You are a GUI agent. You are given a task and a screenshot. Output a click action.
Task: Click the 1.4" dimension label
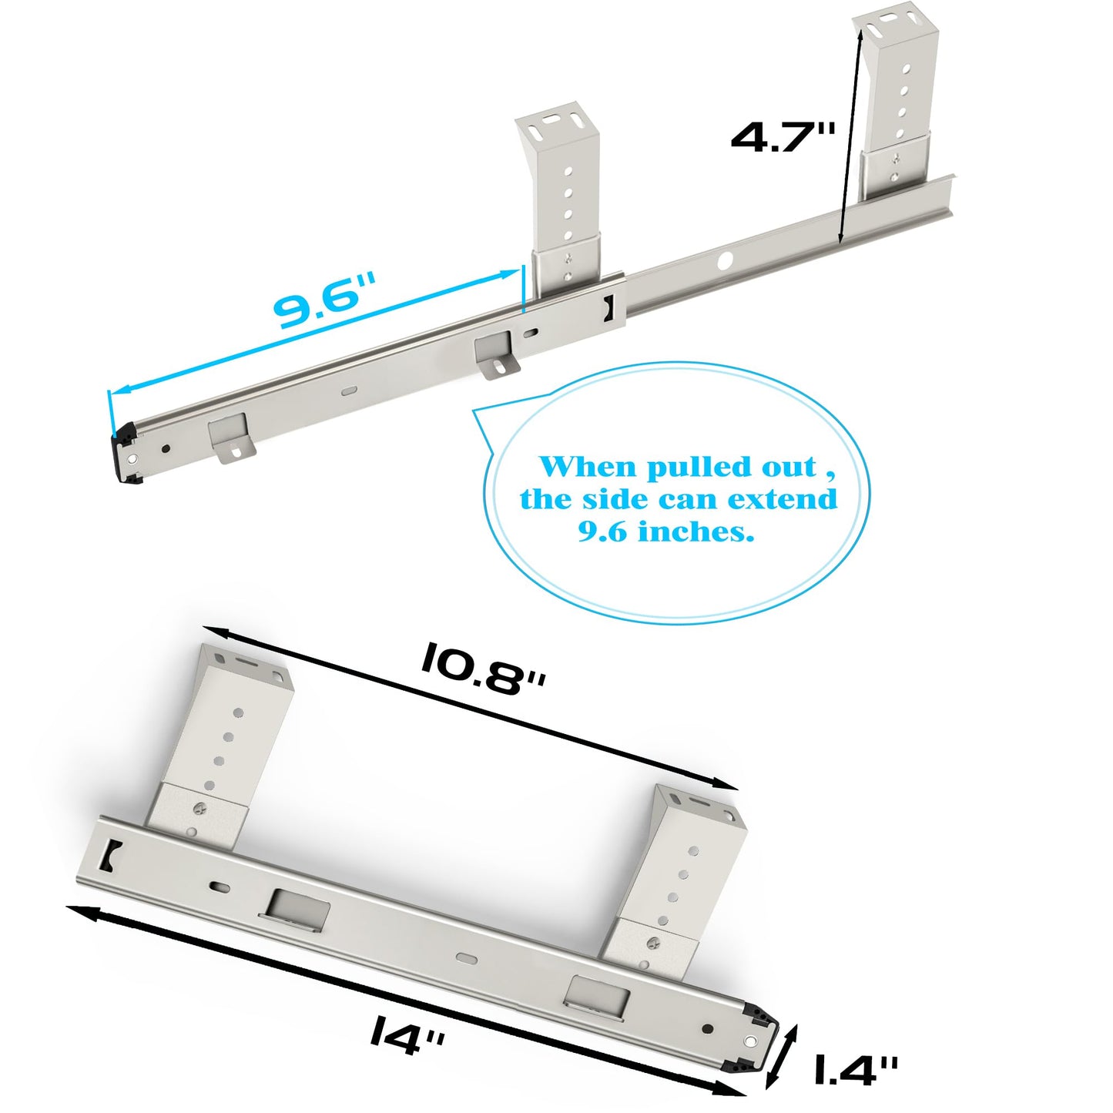tap(855, 1070)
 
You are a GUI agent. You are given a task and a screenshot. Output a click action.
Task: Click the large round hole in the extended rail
tap(726, 261)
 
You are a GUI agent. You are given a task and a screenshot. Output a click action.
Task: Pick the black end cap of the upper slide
tap(125, 458)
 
